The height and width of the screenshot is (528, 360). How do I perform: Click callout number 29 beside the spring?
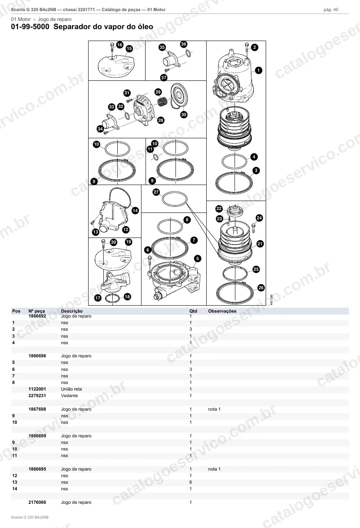click(158, 92)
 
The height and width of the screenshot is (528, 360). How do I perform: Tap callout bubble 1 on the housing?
click(258, 70)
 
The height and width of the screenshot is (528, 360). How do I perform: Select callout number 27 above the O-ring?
click(156, 192)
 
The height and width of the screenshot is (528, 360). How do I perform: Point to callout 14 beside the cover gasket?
click(135, 210)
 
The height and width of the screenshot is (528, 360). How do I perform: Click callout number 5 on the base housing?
click(198, 258)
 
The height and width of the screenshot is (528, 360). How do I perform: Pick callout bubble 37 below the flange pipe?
click(164, 78)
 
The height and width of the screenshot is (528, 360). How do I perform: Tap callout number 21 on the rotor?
click(260, 244)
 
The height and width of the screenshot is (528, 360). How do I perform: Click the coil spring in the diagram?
click(162, 102)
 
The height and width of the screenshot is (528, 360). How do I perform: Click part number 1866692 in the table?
click(37, 316)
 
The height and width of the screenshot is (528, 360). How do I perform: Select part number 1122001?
click(37, 389)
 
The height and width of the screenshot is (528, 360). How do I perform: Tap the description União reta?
click(71, 389)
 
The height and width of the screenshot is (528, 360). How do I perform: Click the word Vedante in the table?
click(69, 396)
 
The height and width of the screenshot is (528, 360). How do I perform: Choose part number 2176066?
click(37, 502)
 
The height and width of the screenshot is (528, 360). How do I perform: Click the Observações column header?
click(222, 311)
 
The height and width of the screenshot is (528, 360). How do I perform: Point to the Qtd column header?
click(193, 311)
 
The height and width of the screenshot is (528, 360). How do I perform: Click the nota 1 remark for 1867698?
click(214, 409)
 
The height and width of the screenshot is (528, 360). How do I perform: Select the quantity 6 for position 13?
click(191, 482)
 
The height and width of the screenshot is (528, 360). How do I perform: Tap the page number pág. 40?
click(331, 10)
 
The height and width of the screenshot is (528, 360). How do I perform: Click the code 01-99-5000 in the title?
click(30, 27)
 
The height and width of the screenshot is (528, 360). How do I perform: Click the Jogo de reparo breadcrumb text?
click(55, 19)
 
